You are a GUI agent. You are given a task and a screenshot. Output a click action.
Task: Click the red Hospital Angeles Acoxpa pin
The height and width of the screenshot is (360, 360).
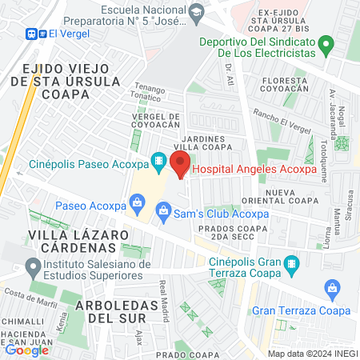coord(181,165)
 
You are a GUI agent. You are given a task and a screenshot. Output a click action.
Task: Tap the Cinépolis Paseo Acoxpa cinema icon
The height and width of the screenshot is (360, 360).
coord(159,161)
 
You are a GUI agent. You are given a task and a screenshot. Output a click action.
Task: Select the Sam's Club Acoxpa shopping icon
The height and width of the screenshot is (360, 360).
coord(163,212)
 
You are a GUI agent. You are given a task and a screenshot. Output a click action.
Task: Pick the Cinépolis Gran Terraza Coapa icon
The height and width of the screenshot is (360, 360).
coord(291,262)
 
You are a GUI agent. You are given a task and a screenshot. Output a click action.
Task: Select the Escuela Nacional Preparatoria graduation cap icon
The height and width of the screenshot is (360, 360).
coord(196,14)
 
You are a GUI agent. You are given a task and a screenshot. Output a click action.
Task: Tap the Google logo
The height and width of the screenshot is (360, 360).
coord(26,349)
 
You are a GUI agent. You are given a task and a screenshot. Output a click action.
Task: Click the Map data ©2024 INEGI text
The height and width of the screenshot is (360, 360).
coord(311,353)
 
